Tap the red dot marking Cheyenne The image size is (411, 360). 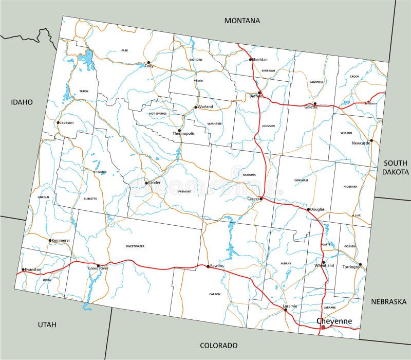click(322, 327)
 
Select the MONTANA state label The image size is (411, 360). click(242, 21)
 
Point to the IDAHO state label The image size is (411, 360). click(22, 102)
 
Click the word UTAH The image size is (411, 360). click(47, 324)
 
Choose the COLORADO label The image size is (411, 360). click(219, 345)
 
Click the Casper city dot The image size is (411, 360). click(261, 199)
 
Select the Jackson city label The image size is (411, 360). click(67, 123)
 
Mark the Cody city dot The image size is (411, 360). click(149, 63)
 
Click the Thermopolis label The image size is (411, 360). click(183, 133)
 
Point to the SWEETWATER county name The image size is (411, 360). click(135, 246)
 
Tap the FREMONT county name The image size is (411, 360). click(184, 191)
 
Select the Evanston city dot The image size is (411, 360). click(23, 269)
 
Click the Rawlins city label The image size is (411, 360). click(217, 266)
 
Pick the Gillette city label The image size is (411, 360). click(311, 107)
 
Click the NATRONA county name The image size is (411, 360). click(249, 175)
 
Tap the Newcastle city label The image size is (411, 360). click(361, 143)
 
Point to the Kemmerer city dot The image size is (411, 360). click(50, 240)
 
